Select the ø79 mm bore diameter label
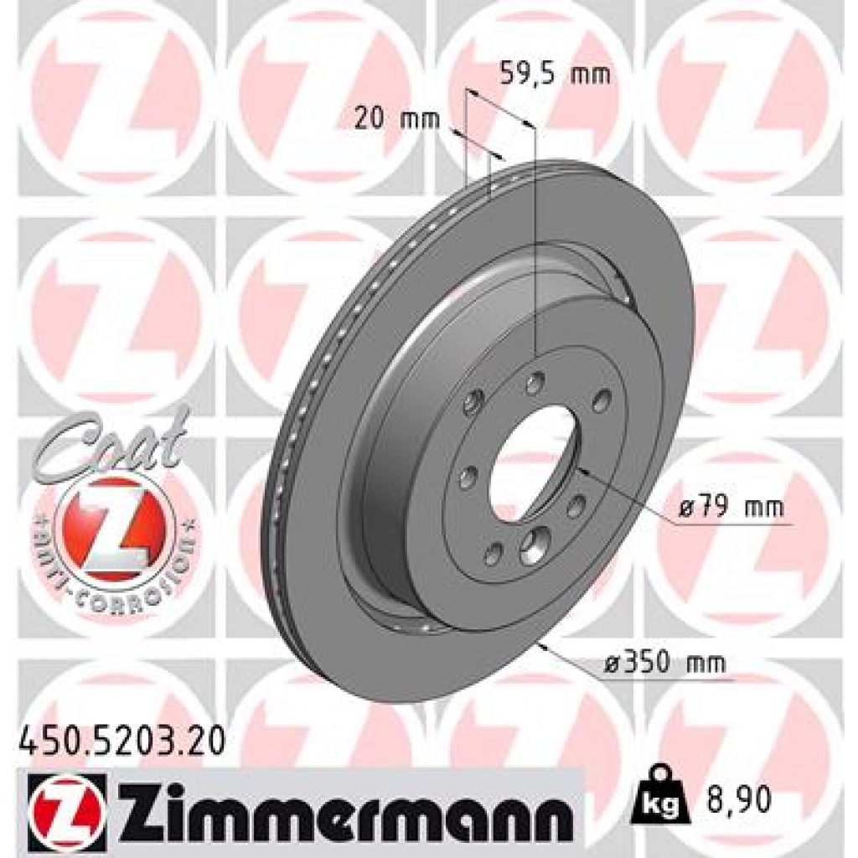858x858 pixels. (731, 507)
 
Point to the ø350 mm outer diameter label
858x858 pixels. (664, 664)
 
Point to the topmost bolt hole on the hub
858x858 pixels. (534, 384)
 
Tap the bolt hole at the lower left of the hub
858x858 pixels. (494, 552)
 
